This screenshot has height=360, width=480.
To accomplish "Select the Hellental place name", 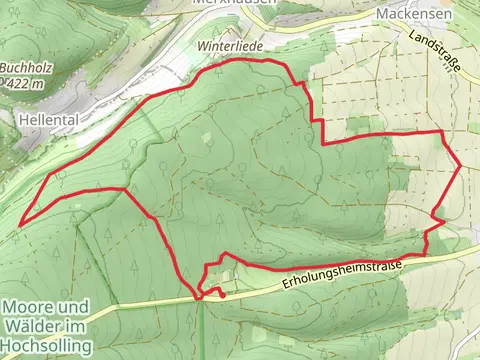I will point(46,117).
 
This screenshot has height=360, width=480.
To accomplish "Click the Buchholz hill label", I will point(21,67).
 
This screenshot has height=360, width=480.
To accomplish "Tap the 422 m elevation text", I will point(26,84).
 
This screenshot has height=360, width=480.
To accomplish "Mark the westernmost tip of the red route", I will point(20,222).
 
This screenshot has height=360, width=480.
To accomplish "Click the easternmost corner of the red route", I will point(459,166).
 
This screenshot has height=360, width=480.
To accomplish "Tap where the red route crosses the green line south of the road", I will point(200,297).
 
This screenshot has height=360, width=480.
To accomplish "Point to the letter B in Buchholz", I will point(5,67).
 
